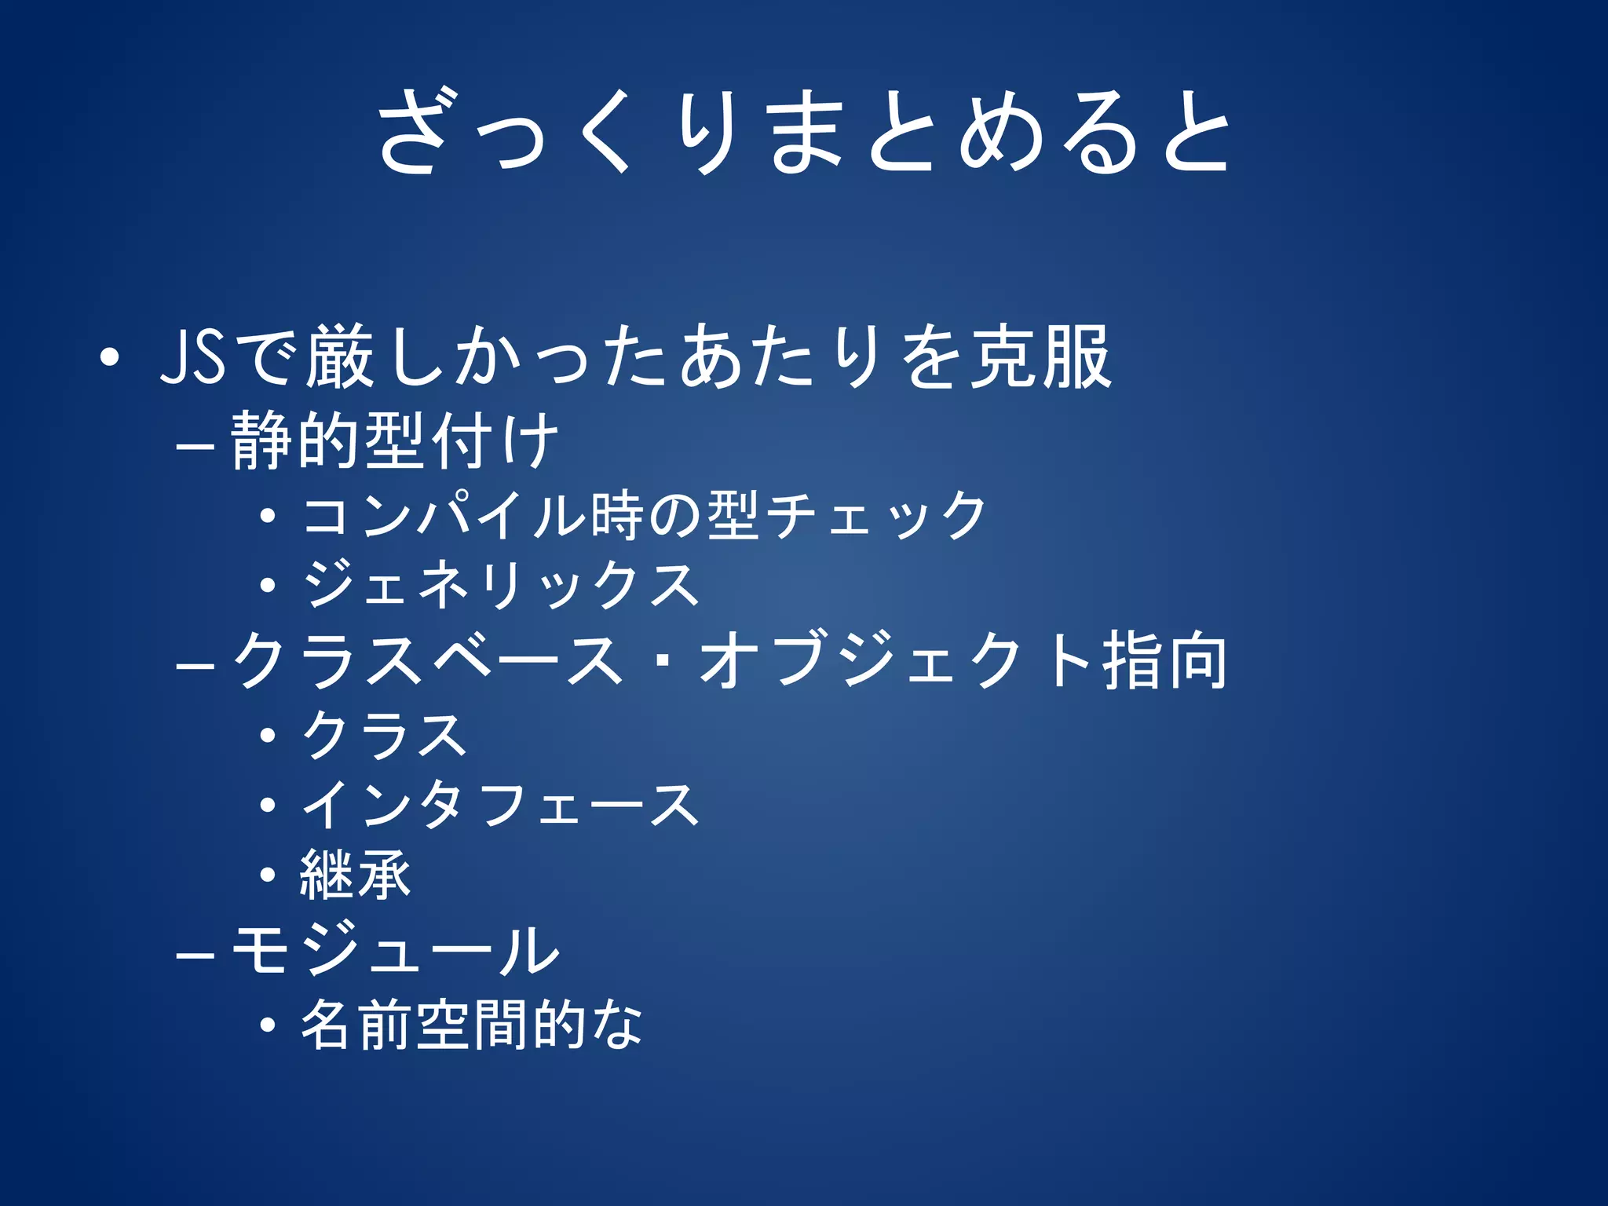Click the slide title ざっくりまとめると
point(803,131)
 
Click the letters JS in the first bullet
point(192,357)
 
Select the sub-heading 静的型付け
point(395,440)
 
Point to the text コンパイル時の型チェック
point(644,515)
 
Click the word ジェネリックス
point(501,585)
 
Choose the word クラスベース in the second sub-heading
point(428,660)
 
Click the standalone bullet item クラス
point(385,735)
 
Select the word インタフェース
point(501,805)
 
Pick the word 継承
point(355,875)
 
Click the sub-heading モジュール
point(395,949)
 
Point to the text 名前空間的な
point(472,1024)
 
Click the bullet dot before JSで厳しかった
point(110,359)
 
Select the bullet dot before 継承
point(269,875)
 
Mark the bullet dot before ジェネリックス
point(269,585)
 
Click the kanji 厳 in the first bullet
point(339,357)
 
